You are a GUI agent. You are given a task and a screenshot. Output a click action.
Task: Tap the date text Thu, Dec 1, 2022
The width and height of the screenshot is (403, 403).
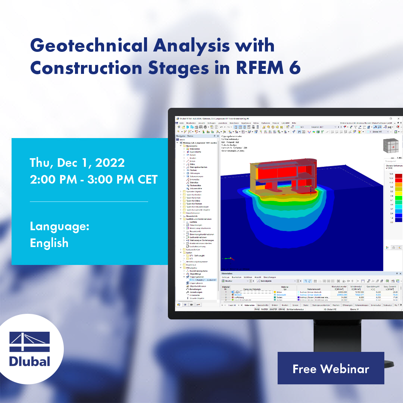pyautogui.click(x=77, y=163)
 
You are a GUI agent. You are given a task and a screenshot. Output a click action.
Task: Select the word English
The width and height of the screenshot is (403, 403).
pyautogui.click(x=49, y=243)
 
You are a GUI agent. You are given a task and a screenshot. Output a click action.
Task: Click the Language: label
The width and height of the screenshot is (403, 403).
pyautogui.click(x=59, y=227)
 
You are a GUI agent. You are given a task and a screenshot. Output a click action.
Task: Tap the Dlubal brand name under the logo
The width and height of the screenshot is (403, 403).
pyautogui.click(x=29, y=361)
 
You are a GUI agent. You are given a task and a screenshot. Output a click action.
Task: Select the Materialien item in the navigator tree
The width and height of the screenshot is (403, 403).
pyautogui.click(x=195, y=149)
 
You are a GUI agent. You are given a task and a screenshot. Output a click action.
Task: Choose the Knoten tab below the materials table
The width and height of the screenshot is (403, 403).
pyautogui.click(x=285, y=305)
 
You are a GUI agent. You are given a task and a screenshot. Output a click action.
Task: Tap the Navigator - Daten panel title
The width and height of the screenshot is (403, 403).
pyautogui.click(x=187, y=136)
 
